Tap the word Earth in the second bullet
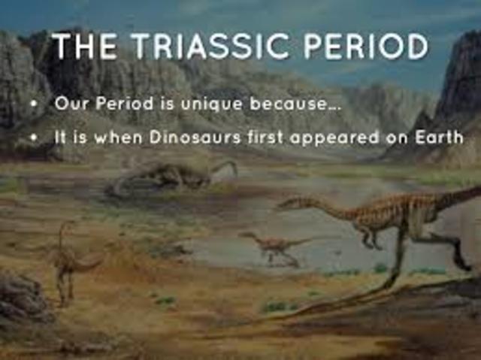click(438, 138)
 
